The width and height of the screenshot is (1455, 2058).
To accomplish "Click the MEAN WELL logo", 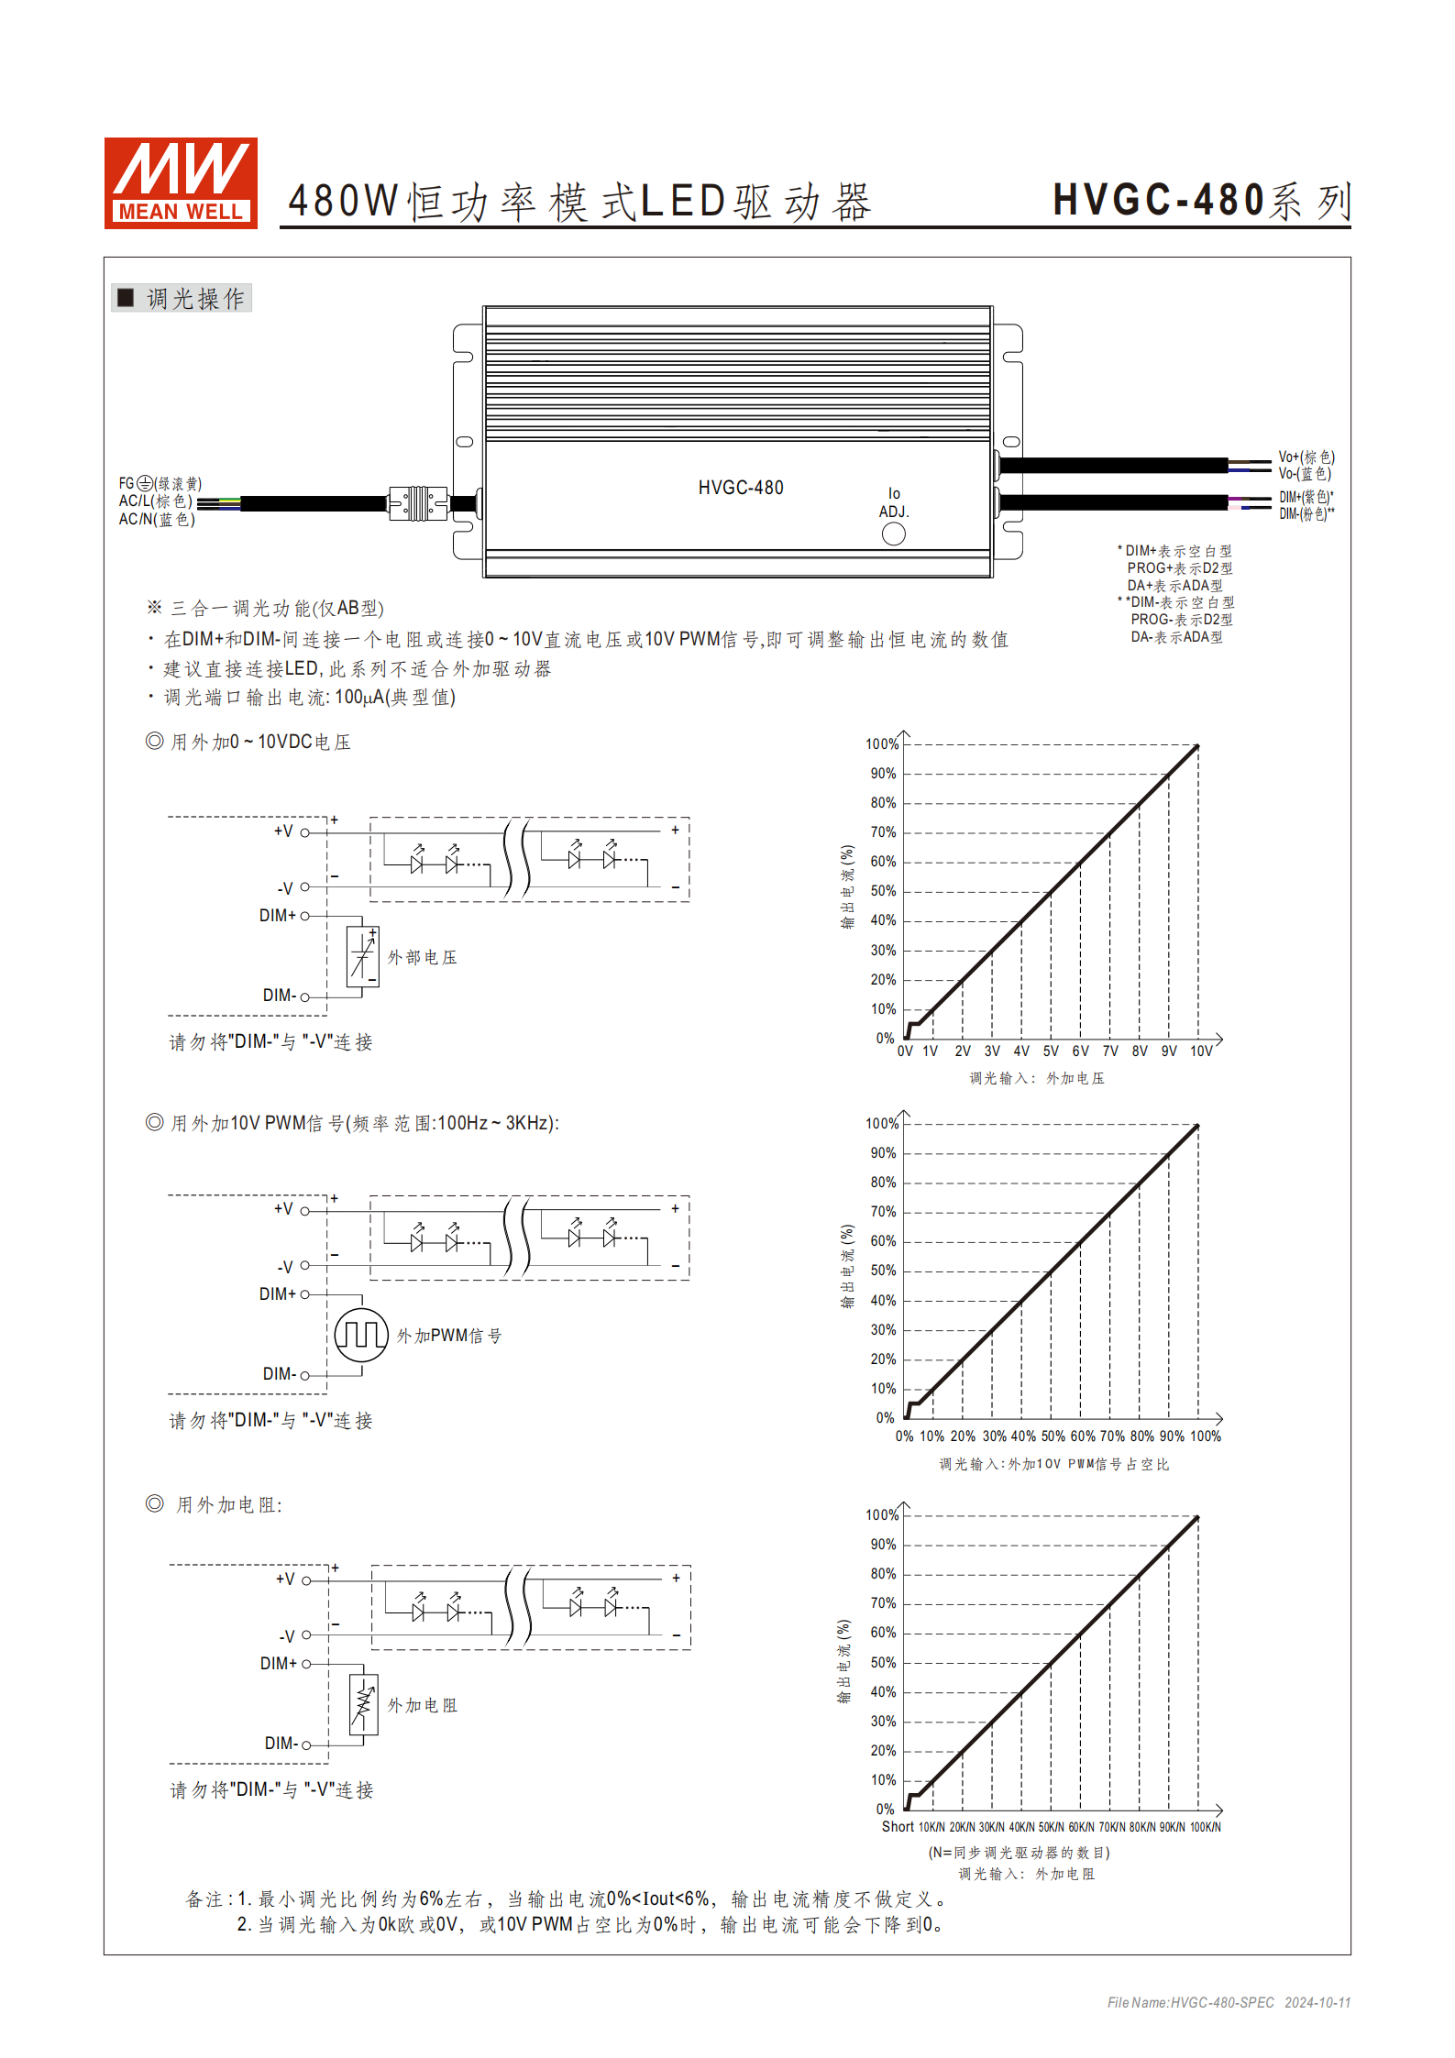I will [181, 182].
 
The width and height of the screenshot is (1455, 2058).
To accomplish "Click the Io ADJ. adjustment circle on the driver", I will [893, 534].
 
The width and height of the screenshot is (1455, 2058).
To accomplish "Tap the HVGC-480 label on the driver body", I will [741, 488].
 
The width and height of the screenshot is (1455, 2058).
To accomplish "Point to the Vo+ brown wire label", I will [1306, 457].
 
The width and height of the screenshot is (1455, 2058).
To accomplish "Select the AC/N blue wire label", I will [157, 520].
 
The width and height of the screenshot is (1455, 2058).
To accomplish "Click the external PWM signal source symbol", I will [361, 1335].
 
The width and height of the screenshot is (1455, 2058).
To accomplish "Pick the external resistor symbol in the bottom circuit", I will [364, 1704].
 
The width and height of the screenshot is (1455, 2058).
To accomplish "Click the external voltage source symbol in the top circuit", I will [363, 956].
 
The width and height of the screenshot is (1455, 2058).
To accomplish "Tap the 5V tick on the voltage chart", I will [1051, 1051].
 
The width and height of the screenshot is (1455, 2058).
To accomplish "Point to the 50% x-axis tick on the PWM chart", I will [1053, 1436].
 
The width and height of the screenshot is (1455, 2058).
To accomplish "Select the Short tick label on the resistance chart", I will [898, 1827].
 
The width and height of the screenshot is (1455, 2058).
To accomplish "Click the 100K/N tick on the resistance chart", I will [1205, 1827].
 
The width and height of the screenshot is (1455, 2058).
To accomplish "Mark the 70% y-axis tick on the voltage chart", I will [883, 832].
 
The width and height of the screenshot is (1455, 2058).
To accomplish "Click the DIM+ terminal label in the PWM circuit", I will [278, 1294].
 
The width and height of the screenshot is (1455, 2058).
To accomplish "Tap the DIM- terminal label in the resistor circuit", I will [281, 1744].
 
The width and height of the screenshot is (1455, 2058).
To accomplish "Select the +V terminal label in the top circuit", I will [283, 831].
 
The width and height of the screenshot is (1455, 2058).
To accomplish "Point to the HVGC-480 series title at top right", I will [1201, 201].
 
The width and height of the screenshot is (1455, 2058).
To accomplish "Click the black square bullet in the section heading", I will [126, 298].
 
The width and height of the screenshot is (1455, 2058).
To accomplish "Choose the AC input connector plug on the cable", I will [418, 503].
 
